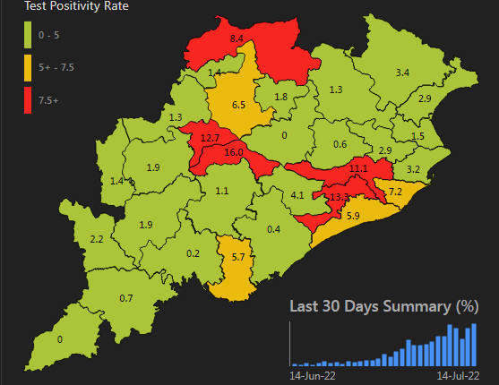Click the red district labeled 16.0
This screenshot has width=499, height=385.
pyautogui.click(x=233, y=153)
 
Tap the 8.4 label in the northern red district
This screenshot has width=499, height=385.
pyautogui.click(x=237, y=39)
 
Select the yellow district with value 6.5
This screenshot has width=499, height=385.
pyautogui.click(x=238, y=105)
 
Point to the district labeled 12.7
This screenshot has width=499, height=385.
pyautogui.click(x=210, y=138)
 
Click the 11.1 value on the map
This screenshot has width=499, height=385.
pyautogui.click(x=358, y=168)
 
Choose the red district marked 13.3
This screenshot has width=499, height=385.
pyautogui.click(x=340, y=197)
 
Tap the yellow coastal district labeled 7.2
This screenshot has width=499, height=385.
pyautogui.click(x=395, y=192)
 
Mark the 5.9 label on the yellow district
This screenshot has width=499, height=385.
pyautogui.click(x=353, y=216)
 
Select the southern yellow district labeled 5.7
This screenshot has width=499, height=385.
pyautogui.click(x=238, y=257)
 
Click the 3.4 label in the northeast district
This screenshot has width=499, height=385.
pyautogui.click(x=403, y=72)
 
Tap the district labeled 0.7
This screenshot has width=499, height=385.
pyautogui.click(x=126, y=298)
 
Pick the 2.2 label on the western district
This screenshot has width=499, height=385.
pyautogui.click(x=98, y=239)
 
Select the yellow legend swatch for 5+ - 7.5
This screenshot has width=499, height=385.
pyautogui.click(x=30, y=65)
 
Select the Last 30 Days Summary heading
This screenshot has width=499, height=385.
pyautogui.click(x=383, y=306)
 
